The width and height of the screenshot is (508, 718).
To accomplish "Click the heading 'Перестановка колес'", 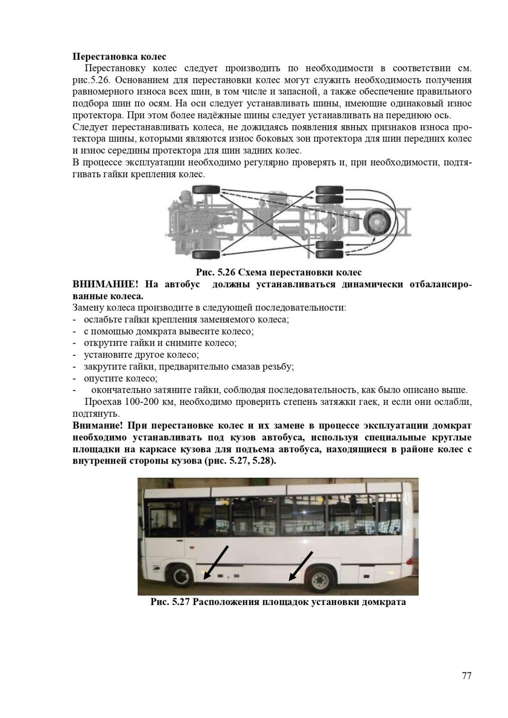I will [x=119, y=57].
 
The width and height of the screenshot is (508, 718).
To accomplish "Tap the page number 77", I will [x=467, y=676].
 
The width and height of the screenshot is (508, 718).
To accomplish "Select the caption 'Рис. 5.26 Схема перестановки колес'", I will [x=278, y=272].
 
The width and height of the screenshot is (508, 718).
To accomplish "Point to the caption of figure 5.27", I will [x=278, y=602].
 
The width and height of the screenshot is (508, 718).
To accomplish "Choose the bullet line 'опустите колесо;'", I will [x=121, y=378].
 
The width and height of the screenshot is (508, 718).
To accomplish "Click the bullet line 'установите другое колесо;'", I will [x=141, y=355].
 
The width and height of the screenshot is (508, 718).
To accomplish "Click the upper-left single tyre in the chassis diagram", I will [x=206, y=190].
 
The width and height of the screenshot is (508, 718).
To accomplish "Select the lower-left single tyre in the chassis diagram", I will [x=206, y=255].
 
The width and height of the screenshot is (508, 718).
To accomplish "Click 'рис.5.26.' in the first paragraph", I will [x=91, y=80].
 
